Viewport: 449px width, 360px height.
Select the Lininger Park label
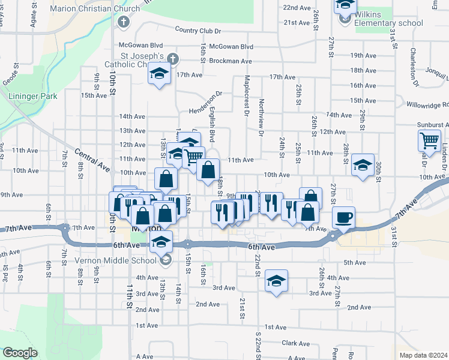[x=32, y=95]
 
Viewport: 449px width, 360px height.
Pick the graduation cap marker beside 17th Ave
[x=159, y=74]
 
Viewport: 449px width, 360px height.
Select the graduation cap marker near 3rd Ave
[x=276, y=281]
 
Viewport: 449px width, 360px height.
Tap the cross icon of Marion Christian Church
[x=124, y=23]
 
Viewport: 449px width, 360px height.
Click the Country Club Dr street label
[x=198, y=30]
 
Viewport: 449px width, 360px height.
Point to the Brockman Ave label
[x=230, y=61]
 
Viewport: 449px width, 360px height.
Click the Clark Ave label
[x=294, y=343]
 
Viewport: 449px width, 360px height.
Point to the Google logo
[x=20, y=353]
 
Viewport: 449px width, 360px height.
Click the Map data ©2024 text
[x=424, y=355]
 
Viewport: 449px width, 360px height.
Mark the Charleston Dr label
[x=414, y=62]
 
